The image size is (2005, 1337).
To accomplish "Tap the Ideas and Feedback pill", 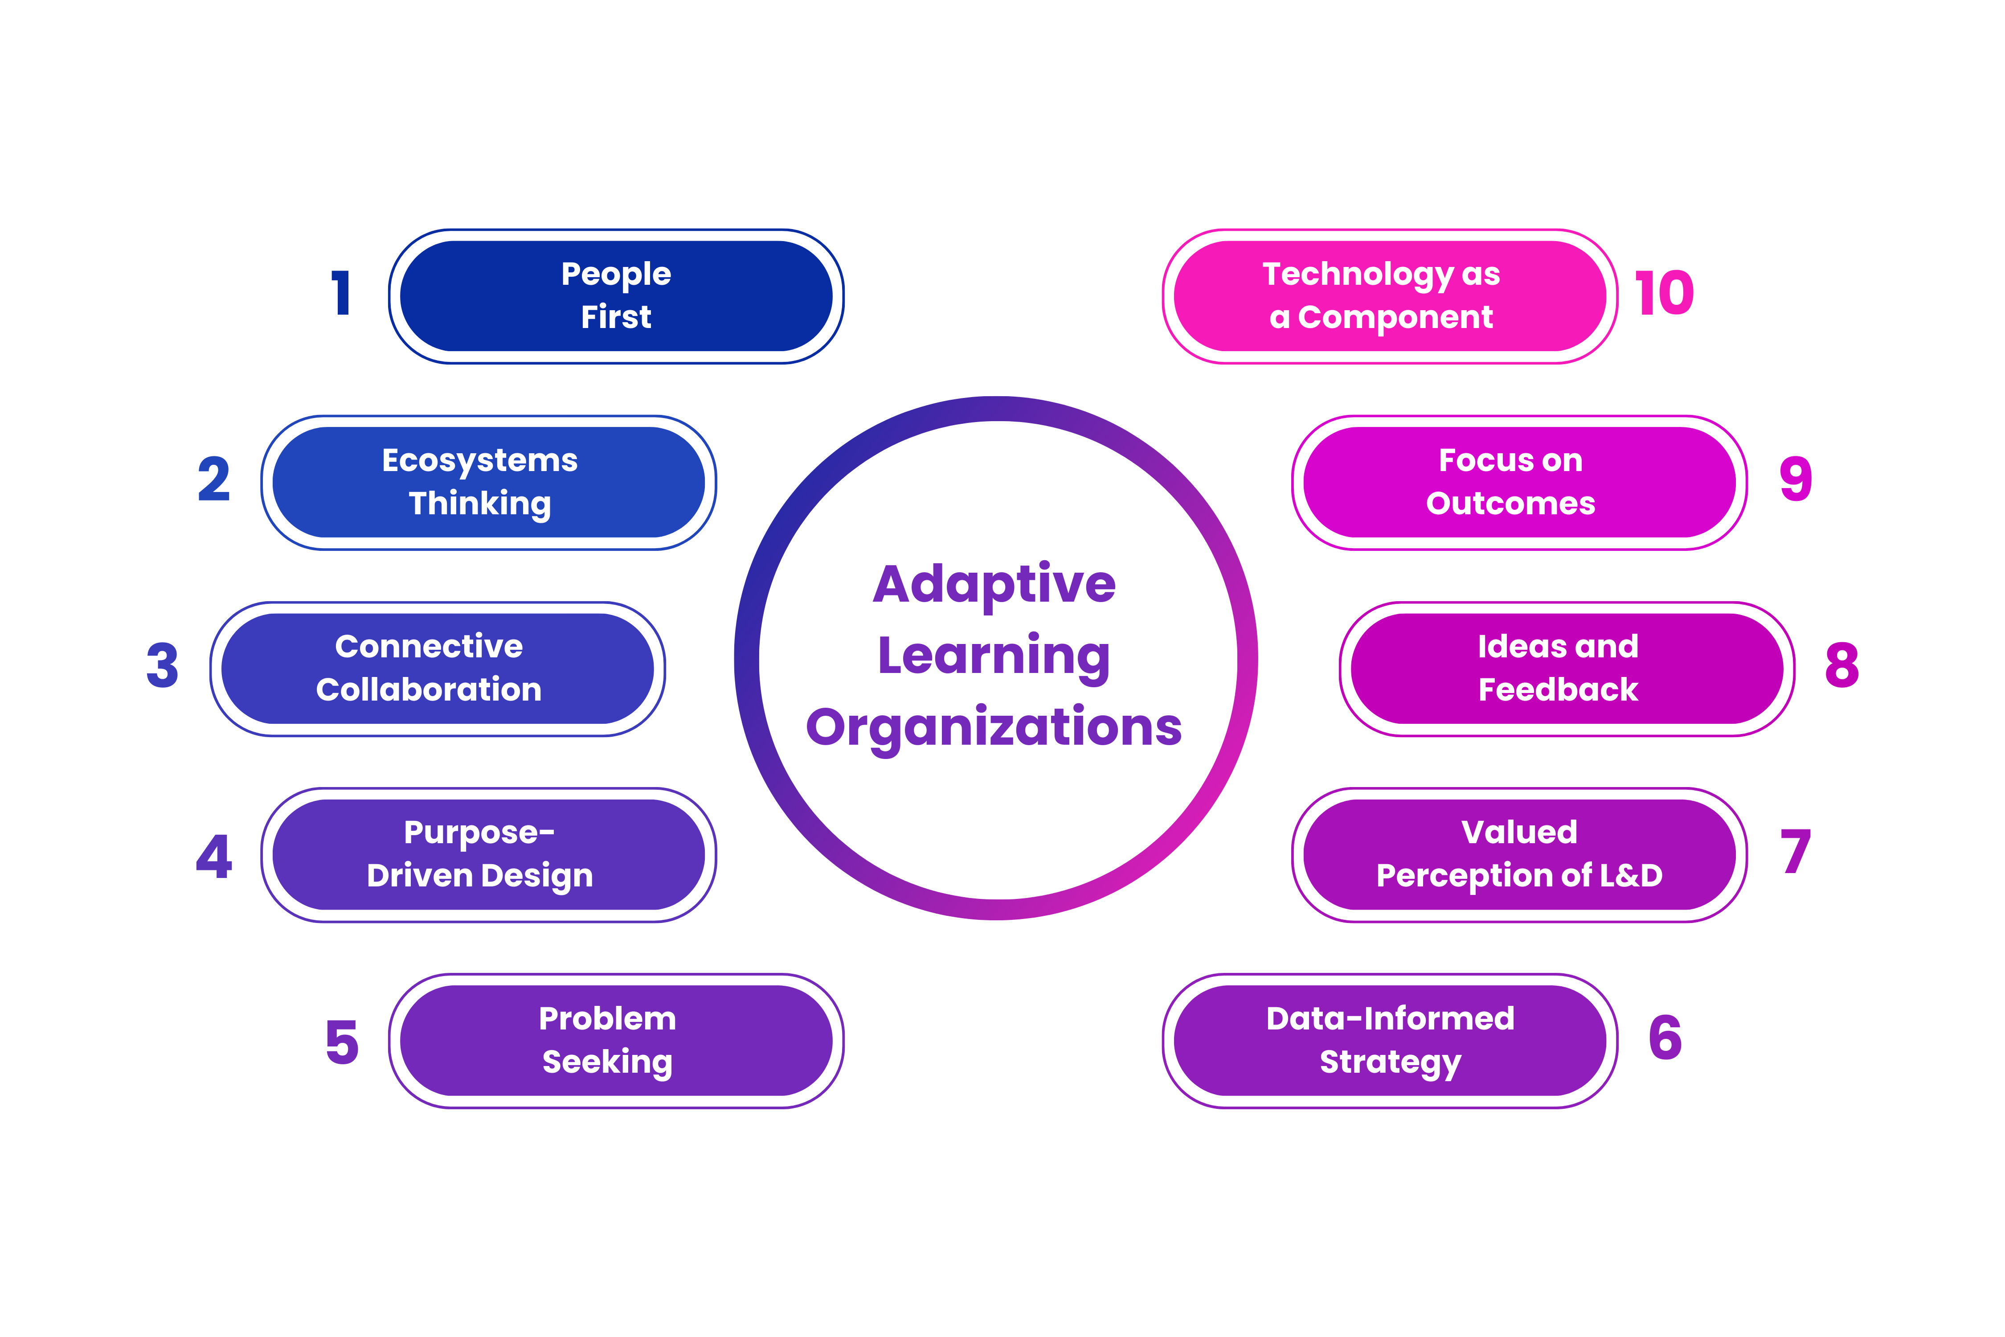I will pos(1567,668).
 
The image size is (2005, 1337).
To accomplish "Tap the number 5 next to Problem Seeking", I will pos(342,1042).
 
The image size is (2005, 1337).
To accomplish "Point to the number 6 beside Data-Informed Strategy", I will pos(1665,1038).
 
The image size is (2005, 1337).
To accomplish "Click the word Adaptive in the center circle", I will pos(994,585).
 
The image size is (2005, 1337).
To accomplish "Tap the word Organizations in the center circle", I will pos(994,727).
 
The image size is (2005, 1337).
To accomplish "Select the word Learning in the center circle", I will pos(994,656).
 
